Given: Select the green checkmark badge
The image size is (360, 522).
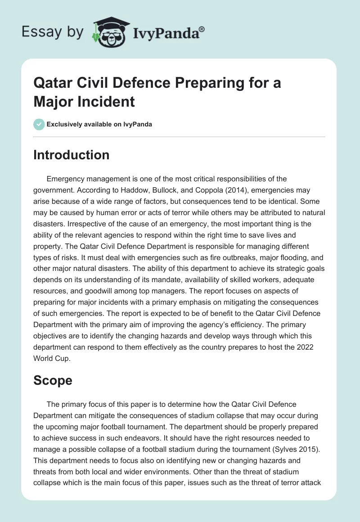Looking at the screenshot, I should pyautogui.click(x=39, y=124).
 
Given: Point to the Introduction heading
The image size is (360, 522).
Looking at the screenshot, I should pyautogui.click(x=72, y=155).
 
